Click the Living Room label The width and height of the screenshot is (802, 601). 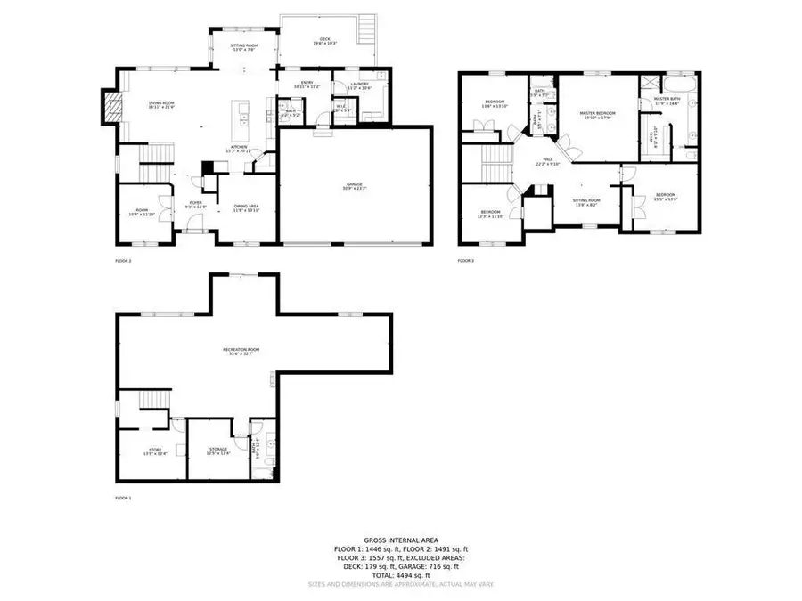point(161,105)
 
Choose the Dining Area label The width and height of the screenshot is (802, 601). point(246,208)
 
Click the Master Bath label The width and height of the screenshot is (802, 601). point(667,100)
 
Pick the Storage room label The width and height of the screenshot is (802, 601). point(218,451)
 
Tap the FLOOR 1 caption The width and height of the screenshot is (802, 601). point(123,498)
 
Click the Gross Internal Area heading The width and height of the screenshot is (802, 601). point(400,540)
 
